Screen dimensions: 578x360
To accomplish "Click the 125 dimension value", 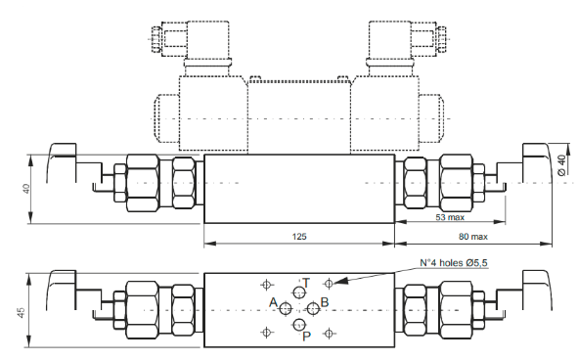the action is (x=299, y=236).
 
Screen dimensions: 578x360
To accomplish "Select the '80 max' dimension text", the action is (x=473, y=237).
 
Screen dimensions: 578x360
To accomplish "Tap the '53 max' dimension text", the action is (x=450, y=217).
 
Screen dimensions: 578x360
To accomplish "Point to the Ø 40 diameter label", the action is (x=561, y=165).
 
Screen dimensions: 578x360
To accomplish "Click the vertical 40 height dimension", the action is (x=26, y=189).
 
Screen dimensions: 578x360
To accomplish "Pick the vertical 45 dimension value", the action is (x=22, y=312).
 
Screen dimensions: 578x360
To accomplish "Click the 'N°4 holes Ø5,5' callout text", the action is (x=454, y=262).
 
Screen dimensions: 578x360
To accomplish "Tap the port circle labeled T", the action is (x=299, y=292).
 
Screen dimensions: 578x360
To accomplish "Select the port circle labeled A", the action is (x=286, y=309).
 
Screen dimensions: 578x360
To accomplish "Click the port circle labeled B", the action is (x=313, y=309).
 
